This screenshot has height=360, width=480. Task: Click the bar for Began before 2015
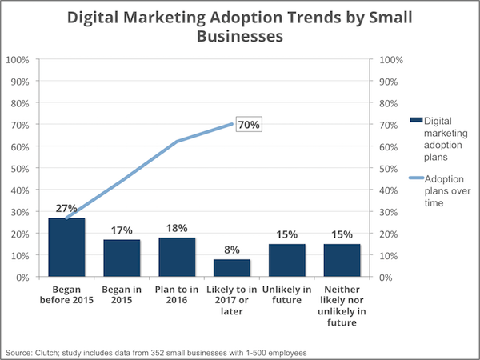67,247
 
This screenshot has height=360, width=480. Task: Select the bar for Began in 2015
122,258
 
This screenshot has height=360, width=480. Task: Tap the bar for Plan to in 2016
177,257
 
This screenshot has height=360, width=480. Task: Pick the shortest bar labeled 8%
232,268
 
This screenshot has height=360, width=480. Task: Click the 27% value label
67,209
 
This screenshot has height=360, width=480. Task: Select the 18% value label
177,228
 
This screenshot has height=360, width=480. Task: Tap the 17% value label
122,230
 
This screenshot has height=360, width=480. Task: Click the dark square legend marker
415,120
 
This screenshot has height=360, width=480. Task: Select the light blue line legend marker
415,180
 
